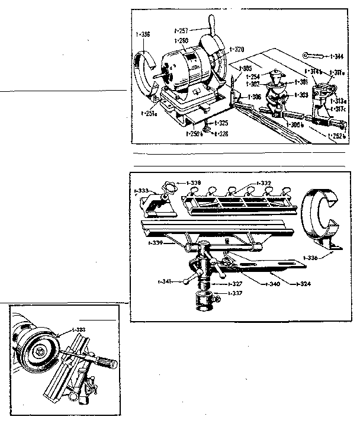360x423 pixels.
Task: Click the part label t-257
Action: tap(183, 29)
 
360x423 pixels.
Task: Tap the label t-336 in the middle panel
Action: tap(314, 258)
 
